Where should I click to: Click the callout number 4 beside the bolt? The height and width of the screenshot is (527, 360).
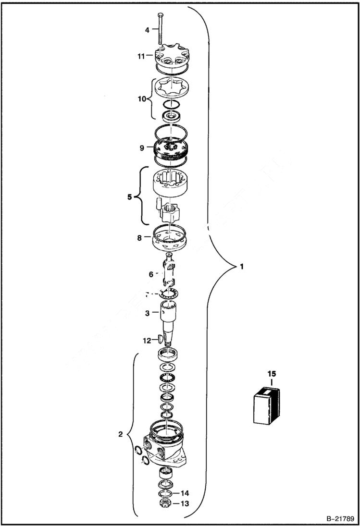[148, 30]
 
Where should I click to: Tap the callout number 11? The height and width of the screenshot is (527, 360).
[141, 56]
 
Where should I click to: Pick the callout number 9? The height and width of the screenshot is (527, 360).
[142, 148]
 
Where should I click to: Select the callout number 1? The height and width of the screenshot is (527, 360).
[242, 266]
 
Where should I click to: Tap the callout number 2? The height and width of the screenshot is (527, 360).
[121, 435]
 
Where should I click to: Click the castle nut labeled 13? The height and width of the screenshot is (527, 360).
[165, 503]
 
